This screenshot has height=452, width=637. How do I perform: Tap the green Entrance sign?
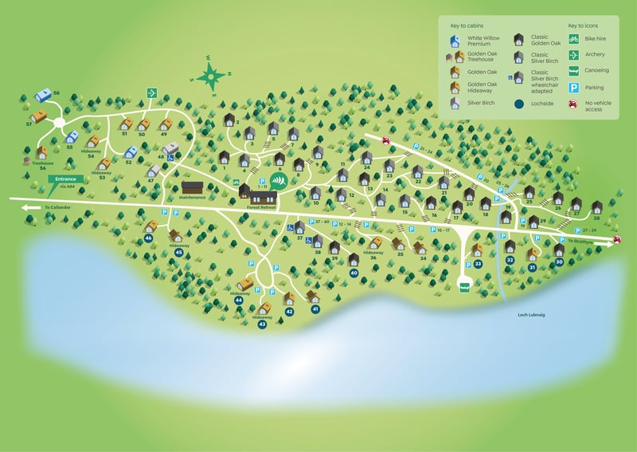point(66,179)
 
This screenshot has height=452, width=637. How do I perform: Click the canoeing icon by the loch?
point(465,285)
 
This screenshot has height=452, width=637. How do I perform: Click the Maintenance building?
point(193,188)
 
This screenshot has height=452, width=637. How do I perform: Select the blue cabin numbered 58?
point(44,96)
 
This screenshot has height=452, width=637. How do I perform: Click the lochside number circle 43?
point(262,324)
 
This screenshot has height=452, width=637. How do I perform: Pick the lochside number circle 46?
point(149,238)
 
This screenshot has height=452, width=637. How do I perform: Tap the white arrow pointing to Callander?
point(30,207)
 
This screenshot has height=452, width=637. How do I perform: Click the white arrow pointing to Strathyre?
point(617,242)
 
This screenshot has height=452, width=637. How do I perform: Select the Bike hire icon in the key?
point(573,38)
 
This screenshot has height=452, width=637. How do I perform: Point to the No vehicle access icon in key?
point(573,104)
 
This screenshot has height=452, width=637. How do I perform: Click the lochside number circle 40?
point(354,273)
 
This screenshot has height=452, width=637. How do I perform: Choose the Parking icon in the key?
point(573,88)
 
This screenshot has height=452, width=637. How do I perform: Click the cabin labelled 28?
point(596,208)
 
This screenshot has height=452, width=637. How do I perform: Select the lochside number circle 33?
point(479,263)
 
